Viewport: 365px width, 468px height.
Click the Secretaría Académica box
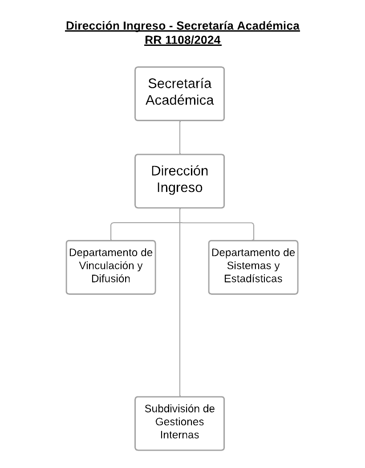click(179, 94)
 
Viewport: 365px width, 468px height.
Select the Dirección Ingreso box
click(179, 181)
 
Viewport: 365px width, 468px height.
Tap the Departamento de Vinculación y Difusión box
click(111, 267)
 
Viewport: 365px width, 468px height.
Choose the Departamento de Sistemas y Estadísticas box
click(253, 267)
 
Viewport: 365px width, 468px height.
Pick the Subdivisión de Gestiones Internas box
click(179, 423)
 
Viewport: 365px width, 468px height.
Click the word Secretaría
click(179, 84)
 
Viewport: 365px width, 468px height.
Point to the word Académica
click(179, 100)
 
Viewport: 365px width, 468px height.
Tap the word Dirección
click(179, 171)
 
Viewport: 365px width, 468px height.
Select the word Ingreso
click(179, 188)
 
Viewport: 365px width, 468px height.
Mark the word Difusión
click(111, 279)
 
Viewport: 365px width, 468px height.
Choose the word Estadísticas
click(253, 279)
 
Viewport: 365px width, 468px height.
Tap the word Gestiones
click(179, 422)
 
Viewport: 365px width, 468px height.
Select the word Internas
click(179, 435)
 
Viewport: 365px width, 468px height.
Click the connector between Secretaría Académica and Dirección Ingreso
click(179, 137)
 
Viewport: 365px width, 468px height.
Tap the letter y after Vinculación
click(139, 267)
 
